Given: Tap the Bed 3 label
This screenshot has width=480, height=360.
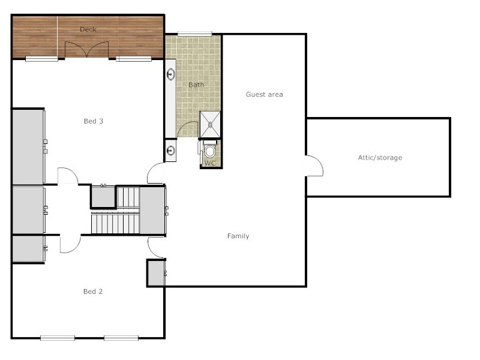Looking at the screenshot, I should click(x=93, y=121).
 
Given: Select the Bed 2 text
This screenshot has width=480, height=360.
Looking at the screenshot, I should click(x=93, y=292).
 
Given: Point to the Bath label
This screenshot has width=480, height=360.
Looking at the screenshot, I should click(x=196, y=85).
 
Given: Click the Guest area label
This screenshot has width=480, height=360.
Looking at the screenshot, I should click(x=264, y=94).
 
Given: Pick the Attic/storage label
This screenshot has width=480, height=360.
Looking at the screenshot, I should click(x=380, y=158).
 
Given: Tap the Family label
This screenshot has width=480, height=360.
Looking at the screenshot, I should click(x=238, y=236).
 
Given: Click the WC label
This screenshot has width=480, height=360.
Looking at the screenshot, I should click(x=210, y=163).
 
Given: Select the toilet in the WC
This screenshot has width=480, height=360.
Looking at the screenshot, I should click(x=209, y=151).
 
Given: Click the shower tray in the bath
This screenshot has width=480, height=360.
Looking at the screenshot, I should click(x=210, y=124).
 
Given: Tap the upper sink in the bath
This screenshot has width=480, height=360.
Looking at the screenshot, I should click(x=171, y=75).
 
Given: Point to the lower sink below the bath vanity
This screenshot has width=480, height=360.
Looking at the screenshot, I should click(x=171, y=151).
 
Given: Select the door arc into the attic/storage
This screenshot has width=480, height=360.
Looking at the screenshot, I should click(x=315, y=165).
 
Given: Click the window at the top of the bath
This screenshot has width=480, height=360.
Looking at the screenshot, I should click(x=194, y=33).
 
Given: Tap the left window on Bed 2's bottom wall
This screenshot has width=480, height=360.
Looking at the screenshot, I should click(x=58, y=338).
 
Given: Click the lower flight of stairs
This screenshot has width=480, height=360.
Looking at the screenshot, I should click(x=115, y=224).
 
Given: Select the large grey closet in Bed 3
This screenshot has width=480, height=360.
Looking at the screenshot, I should click(x=28, y=146).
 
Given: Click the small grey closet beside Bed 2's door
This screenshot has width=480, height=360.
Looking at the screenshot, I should click(x=155, y=273).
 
